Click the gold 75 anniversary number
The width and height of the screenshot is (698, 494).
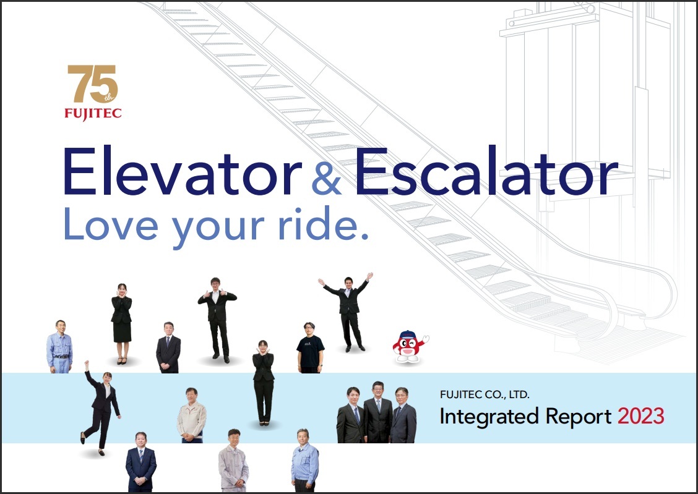pos(93,83)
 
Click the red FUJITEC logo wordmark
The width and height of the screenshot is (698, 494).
pos(93,114)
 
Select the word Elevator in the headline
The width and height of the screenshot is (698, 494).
pos(183,171)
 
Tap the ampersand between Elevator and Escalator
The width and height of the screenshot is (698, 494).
pos(326,178)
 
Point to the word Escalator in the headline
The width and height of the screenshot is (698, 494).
pos(486,171)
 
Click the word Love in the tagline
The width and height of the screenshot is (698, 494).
pos(111,224)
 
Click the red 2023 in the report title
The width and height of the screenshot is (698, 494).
pos(640,416)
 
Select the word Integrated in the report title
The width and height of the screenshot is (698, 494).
pos(489,417)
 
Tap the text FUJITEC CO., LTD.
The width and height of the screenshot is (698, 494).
pos(485,394)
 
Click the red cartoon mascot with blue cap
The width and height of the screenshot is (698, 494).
pos(410,347)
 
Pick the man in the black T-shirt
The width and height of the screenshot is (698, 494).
pos(310,347)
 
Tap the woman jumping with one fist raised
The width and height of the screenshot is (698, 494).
pos(101,407)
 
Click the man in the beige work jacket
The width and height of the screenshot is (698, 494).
pos(191,415)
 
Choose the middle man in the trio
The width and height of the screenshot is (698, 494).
pos(378,412)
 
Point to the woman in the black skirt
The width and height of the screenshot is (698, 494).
pos(121,323)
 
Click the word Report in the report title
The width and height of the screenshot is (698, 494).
pos(578,417)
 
